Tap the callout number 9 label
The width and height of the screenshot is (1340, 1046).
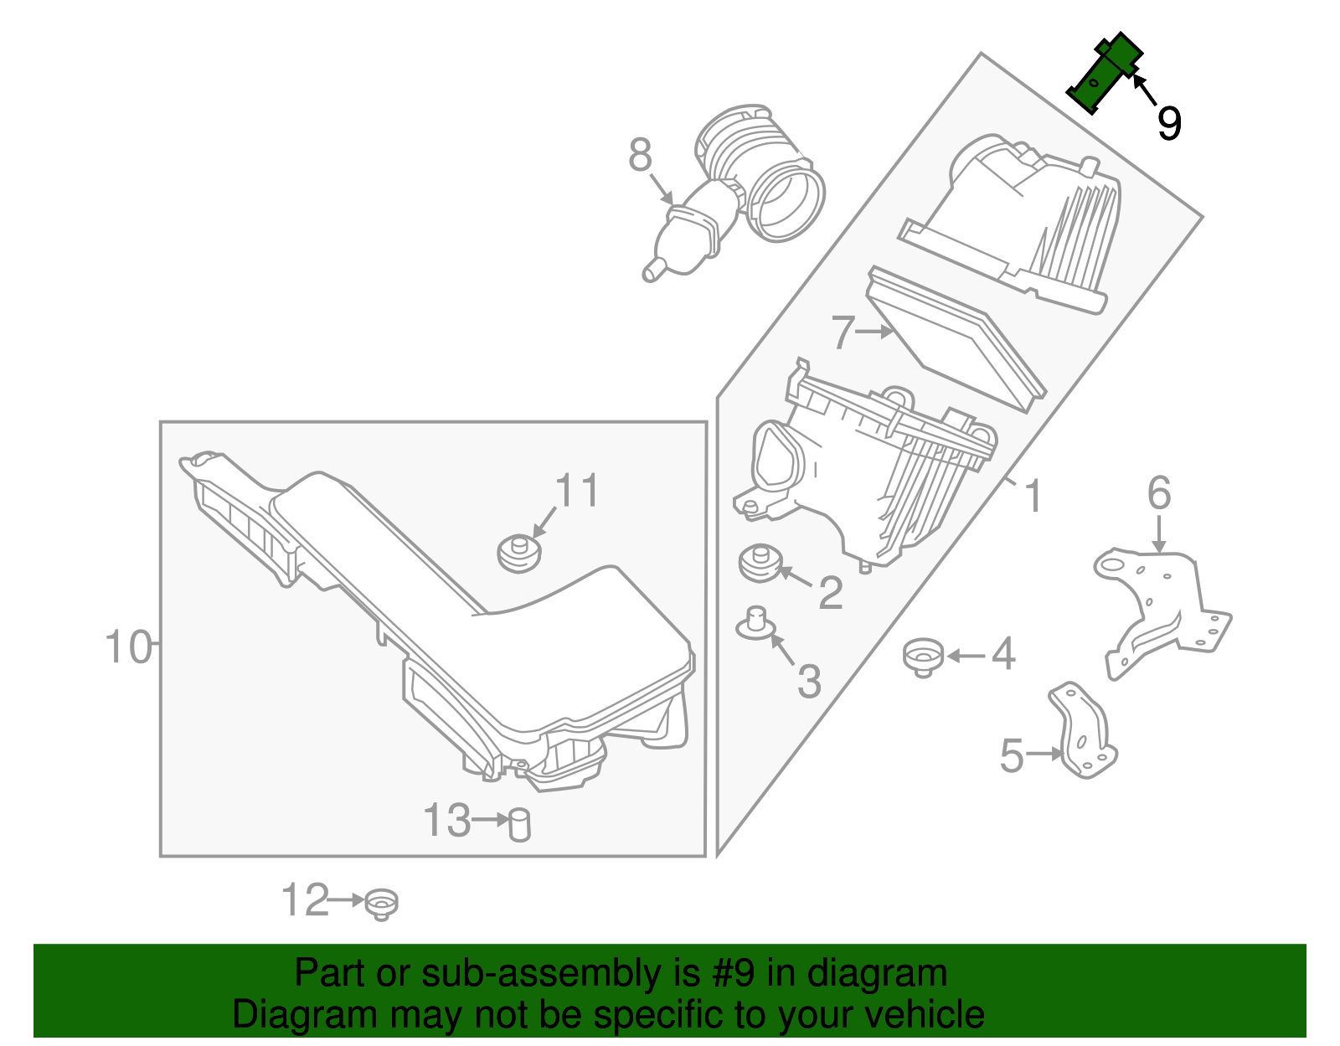[1168, 123]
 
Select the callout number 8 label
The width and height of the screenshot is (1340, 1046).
[641, 156]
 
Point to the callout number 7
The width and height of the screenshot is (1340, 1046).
[843, 332]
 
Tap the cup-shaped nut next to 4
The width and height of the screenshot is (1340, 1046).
[924, 655]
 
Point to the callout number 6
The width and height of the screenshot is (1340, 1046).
[1159, 493]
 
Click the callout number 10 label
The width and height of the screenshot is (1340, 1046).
[128, 647]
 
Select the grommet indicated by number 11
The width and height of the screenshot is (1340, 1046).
[518, 554]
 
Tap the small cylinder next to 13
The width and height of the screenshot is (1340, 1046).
[520, 824]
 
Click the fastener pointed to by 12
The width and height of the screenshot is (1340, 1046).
[382, 904]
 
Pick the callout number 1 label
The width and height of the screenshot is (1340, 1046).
[1034, 497]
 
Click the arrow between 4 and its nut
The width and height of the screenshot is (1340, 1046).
[965, 656]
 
